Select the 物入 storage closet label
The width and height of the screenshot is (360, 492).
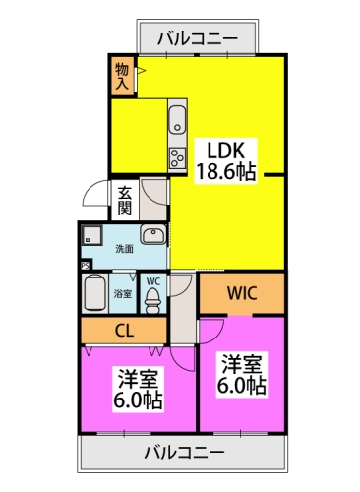click(x=121, y=76)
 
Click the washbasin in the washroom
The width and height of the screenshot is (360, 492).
click(x=152, y=235)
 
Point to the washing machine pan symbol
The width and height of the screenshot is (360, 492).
click(x=91, y=236)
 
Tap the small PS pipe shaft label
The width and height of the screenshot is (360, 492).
click(x=85, y=265)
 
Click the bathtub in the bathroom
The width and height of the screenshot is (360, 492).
click(x=94, y=292)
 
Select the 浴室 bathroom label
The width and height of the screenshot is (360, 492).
click(x=122, y=293)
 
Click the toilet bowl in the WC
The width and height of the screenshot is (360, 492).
click(x=153, y=299)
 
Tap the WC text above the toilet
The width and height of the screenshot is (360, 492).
click(x=153, y=280)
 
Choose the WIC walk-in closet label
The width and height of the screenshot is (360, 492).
click(x=241, y=292)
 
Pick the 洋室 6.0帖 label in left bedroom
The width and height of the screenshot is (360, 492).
click(x=138, y=390)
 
